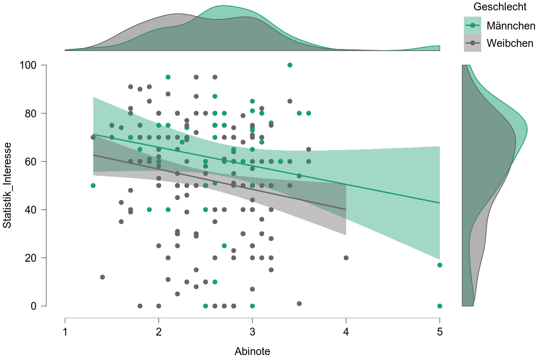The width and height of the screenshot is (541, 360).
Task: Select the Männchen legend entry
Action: pos(511,26)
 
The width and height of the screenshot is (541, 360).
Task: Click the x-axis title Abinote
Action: pos(252,351)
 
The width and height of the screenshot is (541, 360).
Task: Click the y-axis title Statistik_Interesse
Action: pos(7,185)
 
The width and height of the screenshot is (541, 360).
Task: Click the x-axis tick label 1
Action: pos(65,332)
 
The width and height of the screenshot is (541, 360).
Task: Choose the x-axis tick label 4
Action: pos(346,332)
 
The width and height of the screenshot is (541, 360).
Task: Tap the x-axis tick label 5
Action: pos(439,332)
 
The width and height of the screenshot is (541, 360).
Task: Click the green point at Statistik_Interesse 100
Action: pos(290,65)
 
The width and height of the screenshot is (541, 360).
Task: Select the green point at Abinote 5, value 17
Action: pos(439,265)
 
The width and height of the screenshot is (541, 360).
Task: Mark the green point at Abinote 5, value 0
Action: pos(439,306)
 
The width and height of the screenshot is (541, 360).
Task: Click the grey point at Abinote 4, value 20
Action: pos(346,258)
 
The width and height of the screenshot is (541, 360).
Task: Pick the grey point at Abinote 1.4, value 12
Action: pos(102,277)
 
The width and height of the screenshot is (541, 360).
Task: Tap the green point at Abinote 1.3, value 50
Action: pos(93,185)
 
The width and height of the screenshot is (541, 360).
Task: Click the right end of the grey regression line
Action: pos(346,209)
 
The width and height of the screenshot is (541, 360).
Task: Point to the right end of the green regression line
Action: pos(439,203)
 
